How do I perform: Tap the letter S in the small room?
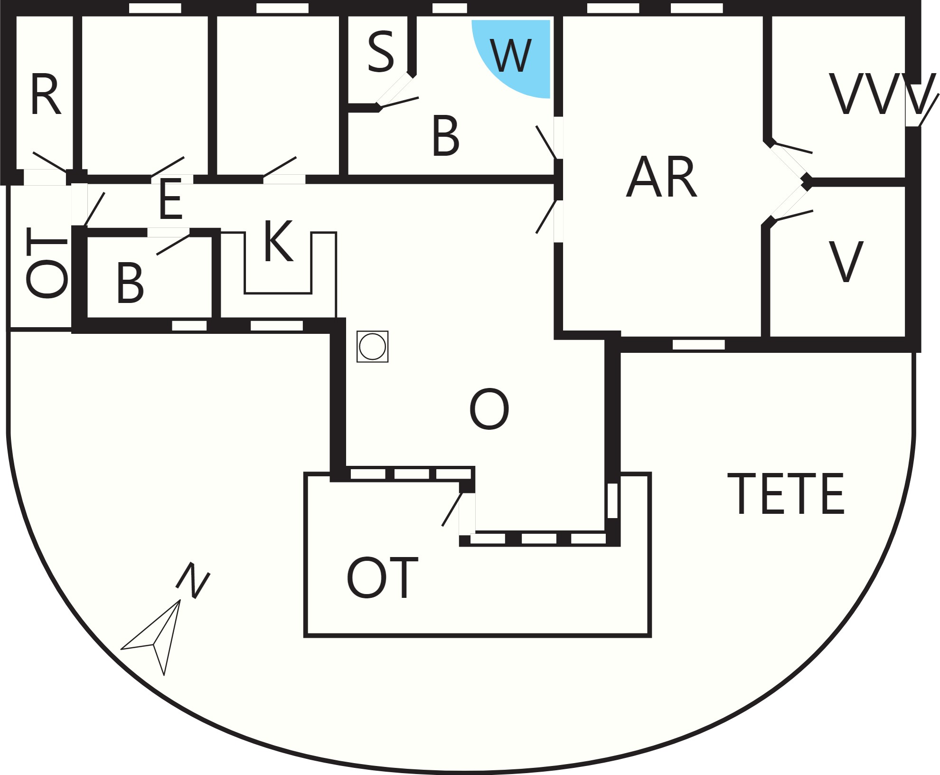coord(381,52)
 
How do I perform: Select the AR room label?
coord(662,177)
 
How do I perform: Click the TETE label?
coord(786,493)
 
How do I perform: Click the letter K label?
coord(278,241)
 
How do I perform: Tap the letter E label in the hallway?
coord(171,199)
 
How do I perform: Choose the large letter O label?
coord(489,409)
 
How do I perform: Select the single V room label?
coord(846,262)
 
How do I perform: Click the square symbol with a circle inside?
coord(373,347)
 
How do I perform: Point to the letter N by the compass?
coord(193,580)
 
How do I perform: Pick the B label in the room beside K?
coord(130,283)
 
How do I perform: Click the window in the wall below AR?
coord(699,344)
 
